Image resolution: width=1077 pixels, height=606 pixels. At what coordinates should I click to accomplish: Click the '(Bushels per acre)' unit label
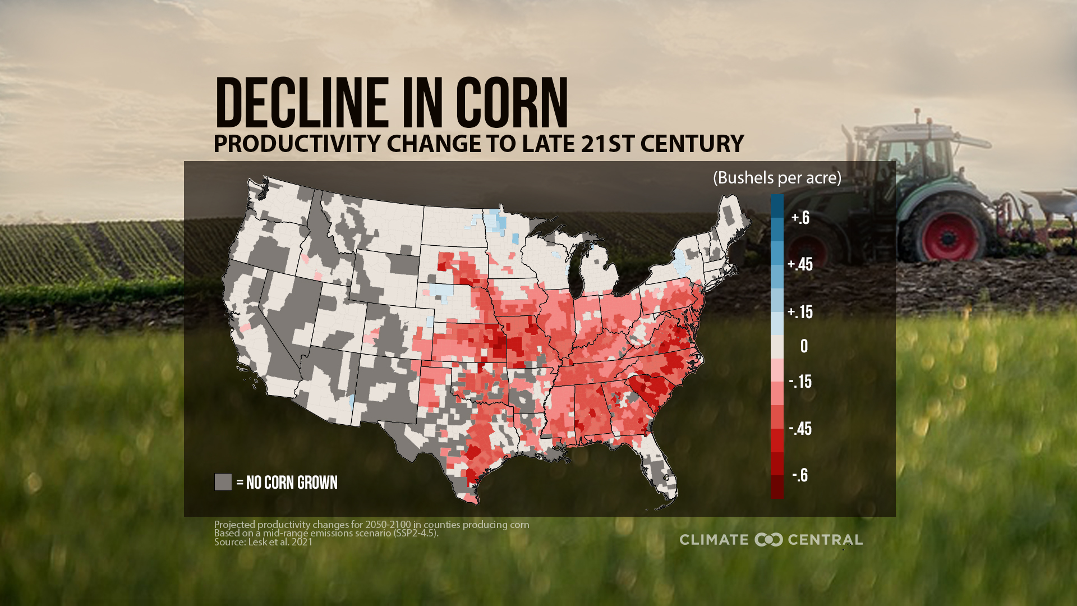pyautogui.click(x=777, y=178)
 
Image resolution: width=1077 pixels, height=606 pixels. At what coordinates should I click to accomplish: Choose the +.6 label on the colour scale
pyautogui.click(x=800, y=218)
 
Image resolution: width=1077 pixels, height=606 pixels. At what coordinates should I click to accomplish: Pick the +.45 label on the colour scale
pyautogui.click(x=800, y=264)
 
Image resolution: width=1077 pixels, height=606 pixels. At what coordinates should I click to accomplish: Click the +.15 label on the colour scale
pyautogui.click(x=800, y=312)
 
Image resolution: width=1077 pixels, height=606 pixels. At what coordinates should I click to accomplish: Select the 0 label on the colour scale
pyautogui.click(x=804, y=346)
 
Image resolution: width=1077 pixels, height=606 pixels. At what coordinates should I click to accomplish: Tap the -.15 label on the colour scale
pyautogui.click(x=800, y=382)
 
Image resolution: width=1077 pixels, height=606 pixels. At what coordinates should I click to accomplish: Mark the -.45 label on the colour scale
pyautogui.click(x=800, y=429)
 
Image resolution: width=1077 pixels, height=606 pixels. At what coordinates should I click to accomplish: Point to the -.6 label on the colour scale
pyautogui.click(x=800, y=475)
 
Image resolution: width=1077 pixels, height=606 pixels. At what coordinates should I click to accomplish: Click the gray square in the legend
pyautogui.click(x=223, y=482)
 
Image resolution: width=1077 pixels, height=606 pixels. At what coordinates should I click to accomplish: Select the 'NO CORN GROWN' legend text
pyautogui.click(x=292, y=483)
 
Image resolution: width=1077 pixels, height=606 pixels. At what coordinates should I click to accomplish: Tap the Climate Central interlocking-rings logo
pyautogui.click(x=768, y=540)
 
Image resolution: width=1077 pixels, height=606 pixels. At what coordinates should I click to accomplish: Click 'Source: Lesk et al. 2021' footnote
pyautogui.click(x=263, y=542)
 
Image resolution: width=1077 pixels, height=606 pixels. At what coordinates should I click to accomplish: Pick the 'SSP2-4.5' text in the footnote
pyautogui.click(x=416, y=533)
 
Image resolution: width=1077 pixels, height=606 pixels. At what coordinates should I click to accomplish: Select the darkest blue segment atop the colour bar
pyautogui.click(x=777, y=205)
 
